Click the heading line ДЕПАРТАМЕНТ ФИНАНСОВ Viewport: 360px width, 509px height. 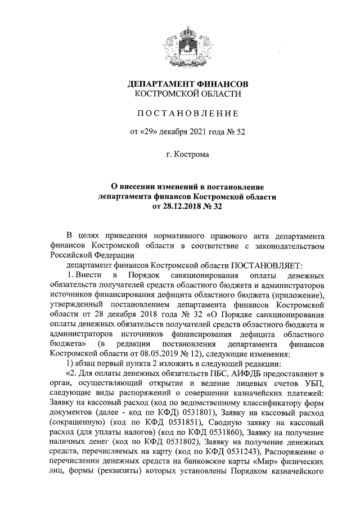(x=188, y=83)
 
